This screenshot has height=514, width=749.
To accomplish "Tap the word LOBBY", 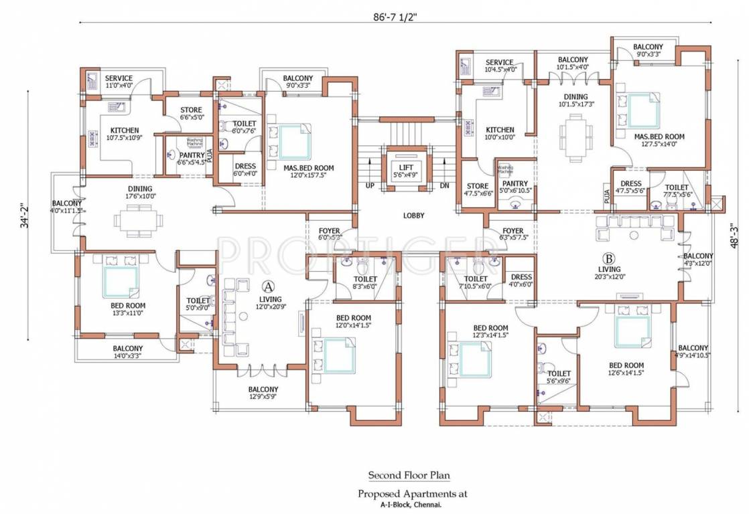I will click(413, 216).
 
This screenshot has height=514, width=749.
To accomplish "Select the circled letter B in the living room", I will click(608, 258).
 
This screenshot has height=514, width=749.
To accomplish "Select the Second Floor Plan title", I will click(409, 475).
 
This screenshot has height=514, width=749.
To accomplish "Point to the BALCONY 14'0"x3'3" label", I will click(127, 352).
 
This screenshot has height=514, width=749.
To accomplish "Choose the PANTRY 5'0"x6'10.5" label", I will click(515, 187).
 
